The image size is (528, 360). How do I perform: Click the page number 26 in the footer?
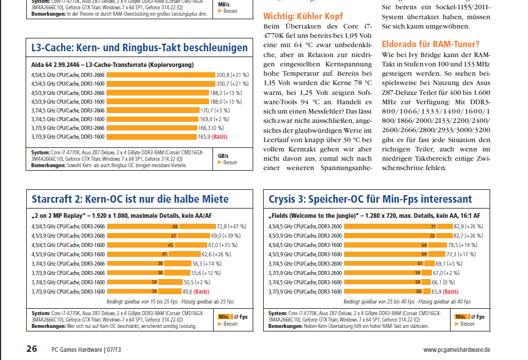click(x=32, y=349)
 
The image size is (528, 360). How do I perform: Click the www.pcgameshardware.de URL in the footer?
click(x=456, y=350)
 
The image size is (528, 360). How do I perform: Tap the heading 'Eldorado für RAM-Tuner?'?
click(x=431, y=44)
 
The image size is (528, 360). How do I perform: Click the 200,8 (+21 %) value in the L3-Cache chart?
click(x=232, y=75)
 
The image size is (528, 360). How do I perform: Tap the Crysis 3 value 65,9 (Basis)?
click(x=459, y=291)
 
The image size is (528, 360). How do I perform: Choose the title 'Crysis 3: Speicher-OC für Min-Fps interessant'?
click(x=370, y=199)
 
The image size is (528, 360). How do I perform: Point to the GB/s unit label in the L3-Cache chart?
click(x=224, y=156)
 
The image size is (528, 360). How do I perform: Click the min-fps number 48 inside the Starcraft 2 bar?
click(x=174, y=226)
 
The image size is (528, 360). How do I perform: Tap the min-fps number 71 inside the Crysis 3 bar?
click(x=433, y=226)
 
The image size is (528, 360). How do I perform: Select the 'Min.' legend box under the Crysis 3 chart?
click(x=460, y=316)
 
